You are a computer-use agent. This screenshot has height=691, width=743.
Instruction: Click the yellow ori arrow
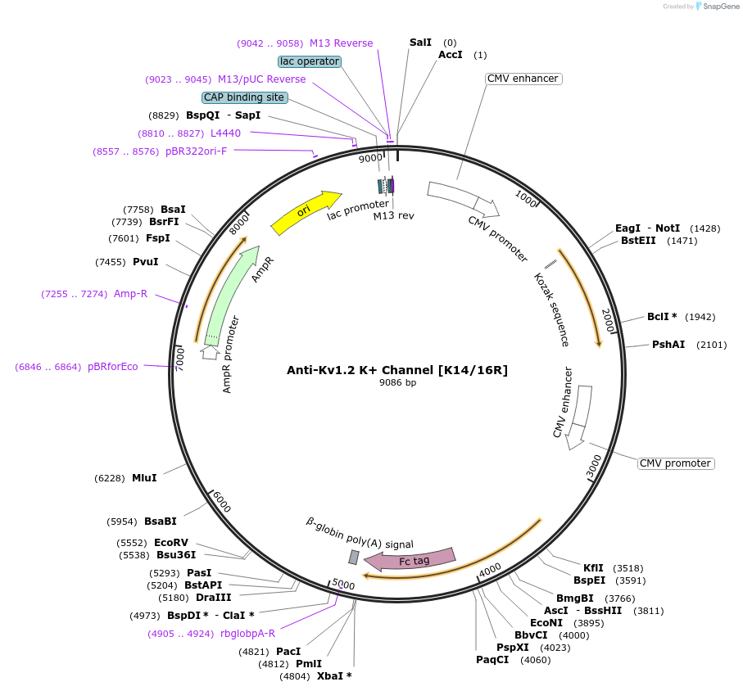coord(306,212)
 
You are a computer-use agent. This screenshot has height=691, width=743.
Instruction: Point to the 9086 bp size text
coord(397,382)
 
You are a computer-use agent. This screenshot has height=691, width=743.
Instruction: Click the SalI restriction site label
coord(420,43)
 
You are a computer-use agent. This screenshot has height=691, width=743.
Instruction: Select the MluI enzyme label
coord(144,478)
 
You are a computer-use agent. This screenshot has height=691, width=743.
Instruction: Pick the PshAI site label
coord(668,345)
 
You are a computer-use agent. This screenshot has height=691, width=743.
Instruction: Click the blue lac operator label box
coord(310,61)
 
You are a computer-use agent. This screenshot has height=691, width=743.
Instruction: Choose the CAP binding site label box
coord(244,97)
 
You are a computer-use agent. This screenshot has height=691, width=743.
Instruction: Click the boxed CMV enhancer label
coord(523,79)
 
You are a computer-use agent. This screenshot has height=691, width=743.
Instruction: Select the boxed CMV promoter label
coord(675,463)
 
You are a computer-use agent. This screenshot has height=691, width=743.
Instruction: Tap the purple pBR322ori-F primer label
coord(197,151)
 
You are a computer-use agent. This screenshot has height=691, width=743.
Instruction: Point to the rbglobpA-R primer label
coord(248,634)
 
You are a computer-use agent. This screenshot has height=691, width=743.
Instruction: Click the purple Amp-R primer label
coord(130,294)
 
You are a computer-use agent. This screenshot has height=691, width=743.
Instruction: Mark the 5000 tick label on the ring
coord(343,585)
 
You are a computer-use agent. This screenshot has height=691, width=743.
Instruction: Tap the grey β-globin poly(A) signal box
coord(354,557)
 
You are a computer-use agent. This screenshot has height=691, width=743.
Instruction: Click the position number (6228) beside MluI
coord(110,478)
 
